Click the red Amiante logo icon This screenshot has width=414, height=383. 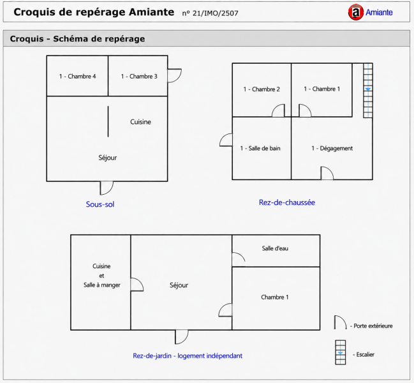[356, 12]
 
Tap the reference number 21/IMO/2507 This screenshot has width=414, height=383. [215, 13]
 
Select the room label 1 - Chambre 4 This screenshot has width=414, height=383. [77, 77]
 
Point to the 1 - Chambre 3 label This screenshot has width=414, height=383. [139, 77]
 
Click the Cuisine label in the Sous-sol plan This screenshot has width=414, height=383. [140, 122]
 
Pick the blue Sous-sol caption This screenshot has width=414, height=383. [100, 204]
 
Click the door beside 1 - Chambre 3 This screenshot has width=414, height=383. [175, 76]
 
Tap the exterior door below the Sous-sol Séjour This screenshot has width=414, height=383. [107, 188]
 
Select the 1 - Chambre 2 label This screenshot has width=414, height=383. [262, 89]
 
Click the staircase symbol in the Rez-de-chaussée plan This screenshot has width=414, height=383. [368, 91]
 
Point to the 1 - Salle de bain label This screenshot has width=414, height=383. [260, 149]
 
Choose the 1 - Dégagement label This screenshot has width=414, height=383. [332, 149]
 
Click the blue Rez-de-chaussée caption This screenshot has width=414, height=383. [286, 202]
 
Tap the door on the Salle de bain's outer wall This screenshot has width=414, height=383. [226, 140]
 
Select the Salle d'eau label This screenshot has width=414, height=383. [275, 248]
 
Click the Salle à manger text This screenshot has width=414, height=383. [102, 285]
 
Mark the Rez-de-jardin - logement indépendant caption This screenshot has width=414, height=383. [188, 356]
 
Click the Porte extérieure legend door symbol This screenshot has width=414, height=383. [341, 322]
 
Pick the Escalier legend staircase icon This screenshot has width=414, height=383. [341, 352]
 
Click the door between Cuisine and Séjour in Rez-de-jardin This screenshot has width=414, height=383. [137, 285]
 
